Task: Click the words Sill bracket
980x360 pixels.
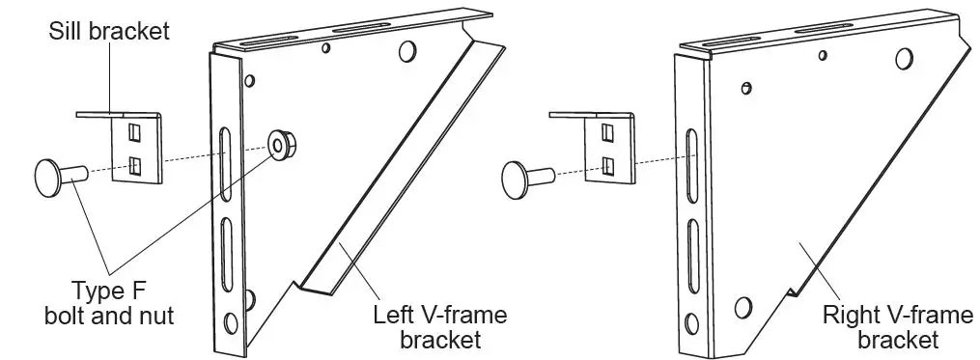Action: click(x=109, y=31)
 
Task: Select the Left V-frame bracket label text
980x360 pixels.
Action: click(x=440, y=327)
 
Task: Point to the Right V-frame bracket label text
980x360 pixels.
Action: click(x=884, y=327)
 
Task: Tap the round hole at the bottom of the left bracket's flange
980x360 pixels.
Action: click(x=231, y=321)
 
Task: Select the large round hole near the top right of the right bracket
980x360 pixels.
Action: click(x=903, y=58)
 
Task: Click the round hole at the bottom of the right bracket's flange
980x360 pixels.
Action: click(x=742, y=308)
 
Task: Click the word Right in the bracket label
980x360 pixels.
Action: click(x=844, y=316)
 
